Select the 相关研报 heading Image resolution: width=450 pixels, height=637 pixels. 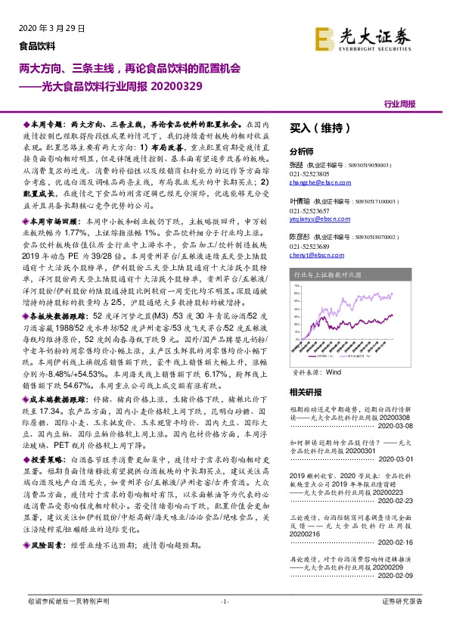pos(306,392)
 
